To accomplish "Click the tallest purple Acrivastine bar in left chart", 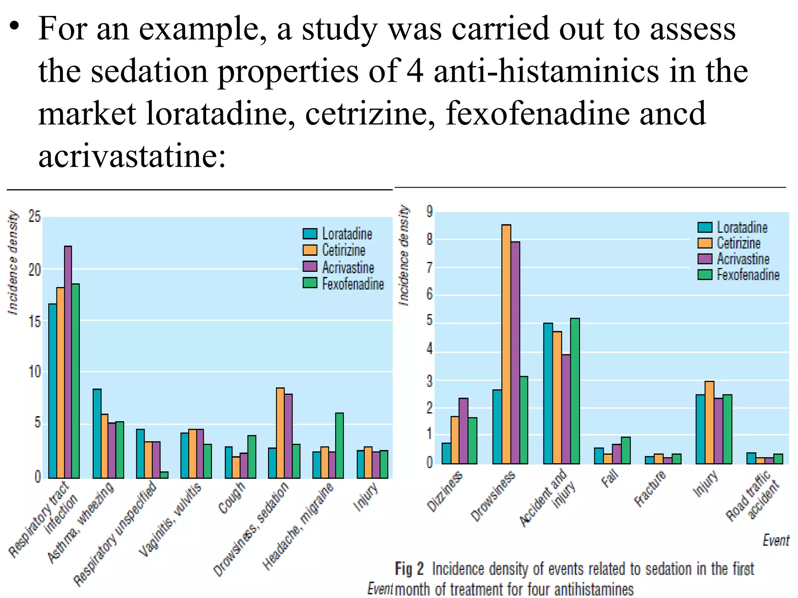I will click(68, 362).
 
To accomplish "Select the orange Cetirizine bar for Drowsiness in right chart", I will click(506, 344).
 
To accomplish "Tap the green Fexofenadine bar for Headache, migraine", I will click(339, 445).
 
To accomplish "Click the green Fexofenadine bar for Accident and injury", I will click(575, 391).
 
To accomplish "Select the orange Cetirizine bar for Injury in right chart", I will click(710, 422).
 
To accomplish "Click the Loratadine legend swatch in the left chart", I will click(310, 234).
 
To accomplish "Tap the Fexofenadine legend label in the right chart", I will click(748, 275).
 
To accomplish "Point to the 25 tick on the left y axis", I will click(34, 217).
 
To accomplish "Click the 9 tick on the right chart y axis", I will click(429, 212).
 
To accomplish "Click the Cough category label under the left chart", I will click(232, 498).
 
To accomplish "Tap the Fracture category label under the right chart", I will click(650, 488).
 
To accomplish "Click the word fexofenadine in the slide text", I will click(537, 113).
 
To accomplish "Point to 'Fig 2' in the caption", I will click(409, 569).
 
